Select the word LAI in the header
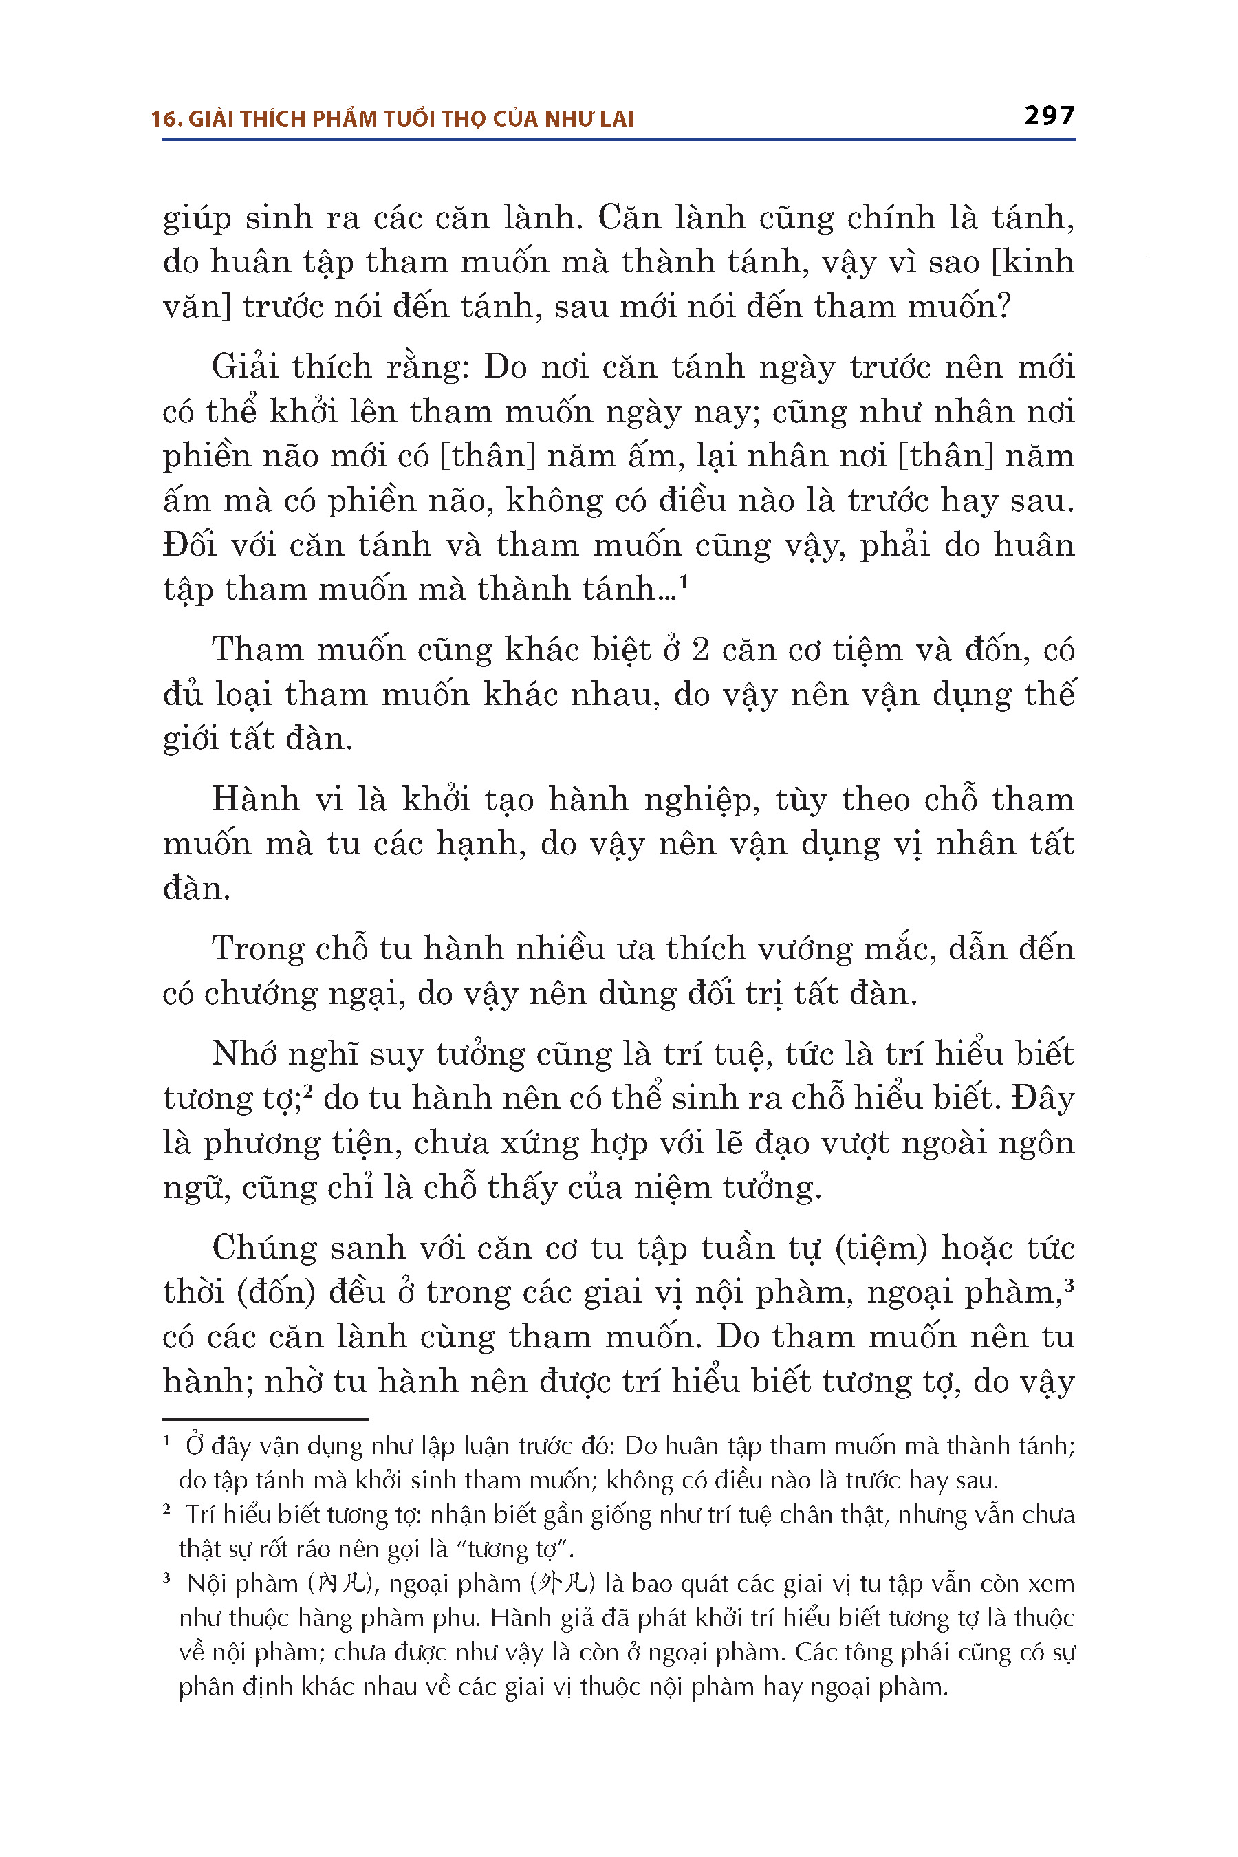615,119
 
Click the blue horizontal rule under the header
618,140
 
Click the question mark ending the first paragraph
1003,306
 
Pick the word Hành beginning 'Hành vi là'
255,799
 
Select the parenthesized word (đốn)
276,1292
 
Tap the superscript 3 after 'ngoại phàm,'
1069,1284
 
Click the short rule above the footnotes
265,1419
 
